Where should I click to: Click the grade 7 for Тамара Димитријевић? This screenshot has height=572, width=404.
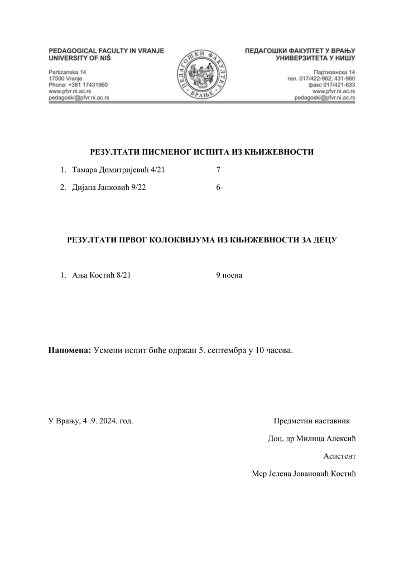(218, 169)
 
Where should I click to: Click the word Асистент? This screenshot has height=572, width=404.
(339, 456)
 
